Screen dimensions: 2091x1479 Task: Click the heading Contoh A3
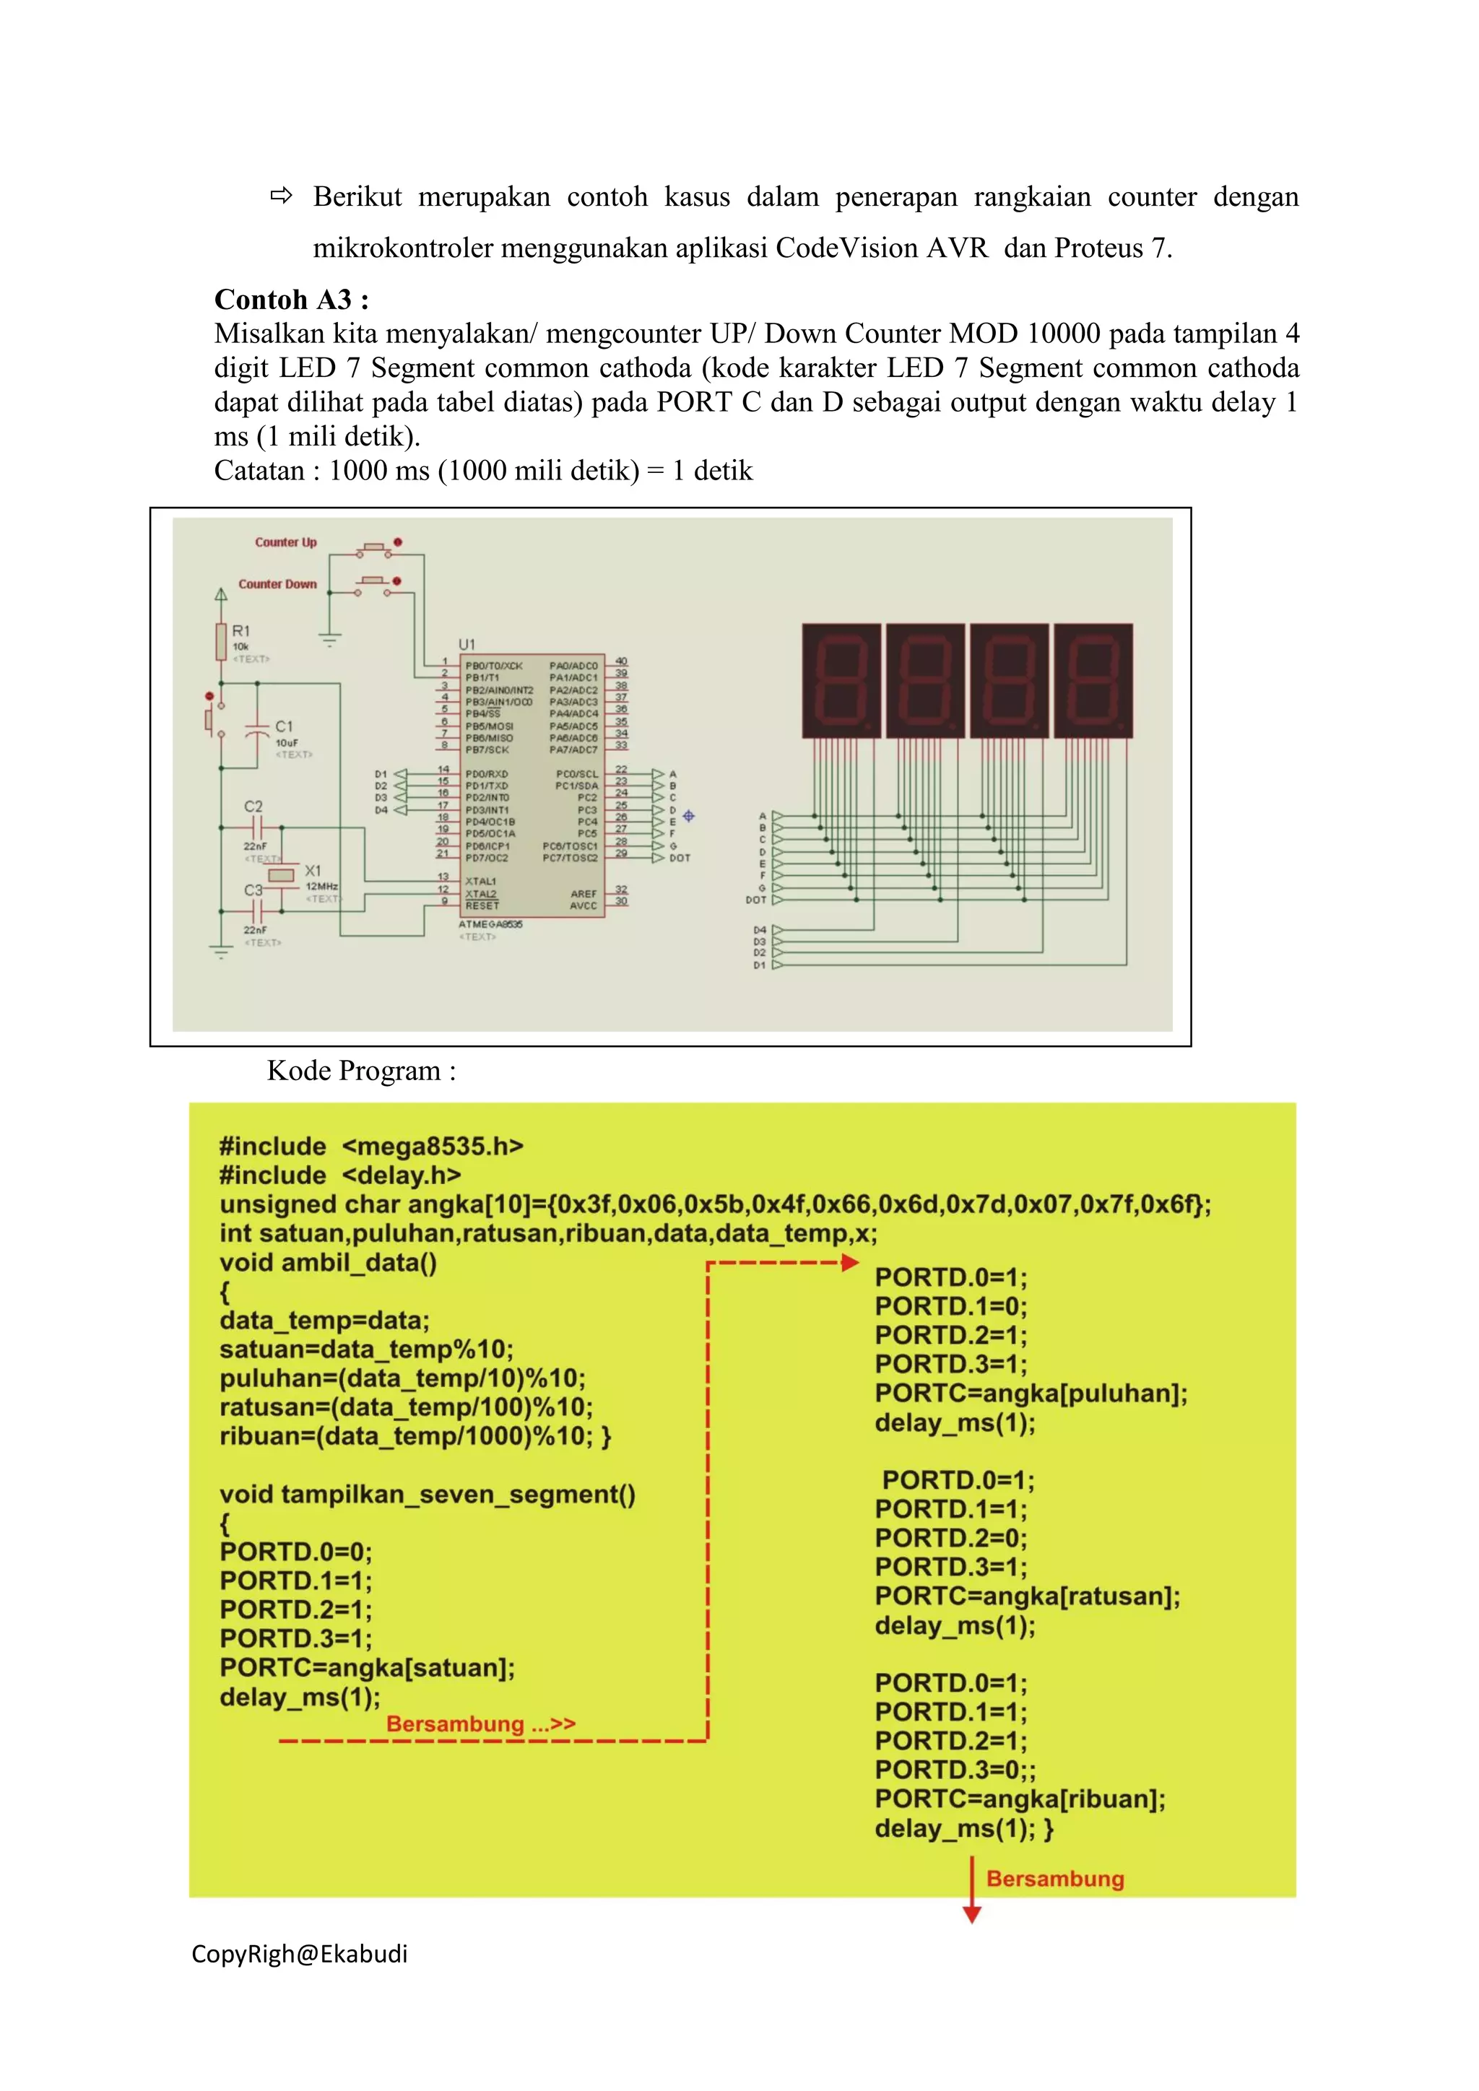(x=292, y=300)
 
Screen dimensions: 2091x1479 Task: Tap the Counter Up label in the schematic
(x=285, y=542)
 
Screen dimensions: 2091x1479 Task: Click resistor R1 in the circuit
(x=221, y=641)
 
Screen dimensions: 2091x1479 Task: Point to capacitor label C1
(x=284, y=726)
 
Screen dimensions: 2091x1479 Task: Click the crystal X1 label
(x=313, y=871)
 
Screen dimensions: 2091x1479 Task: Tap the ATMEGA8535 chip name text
(x=490, y=923)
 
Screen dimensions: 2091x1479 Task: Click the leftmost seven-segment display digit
(x=841, y=680)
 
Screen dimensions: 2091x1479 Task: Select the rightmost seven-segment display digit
(x=1093, y=680)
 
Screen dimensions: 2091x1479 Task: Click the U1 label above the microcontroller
(x=467, y=645)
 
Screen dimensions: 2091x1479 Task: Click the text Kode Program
(x=360, y=1071)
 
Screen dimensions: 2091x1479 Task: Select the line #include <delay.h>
(x=339, y=1175)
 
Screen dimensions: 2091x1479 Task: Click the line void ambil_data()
(x=328, y=1262)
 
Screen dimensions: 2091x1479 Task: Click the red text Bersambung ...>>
(x=480, y=1724)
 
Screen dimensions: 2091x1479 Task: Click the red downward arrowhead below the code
(x=972, y=1916)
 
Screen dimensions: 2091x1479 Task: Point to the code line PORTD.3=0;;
(x=955, y=1770)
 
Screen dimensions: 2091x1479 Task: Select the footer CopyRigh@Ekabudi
(x=299, y=1955)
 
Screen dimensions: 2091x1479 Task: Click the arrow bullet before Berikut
(x=282, y=195)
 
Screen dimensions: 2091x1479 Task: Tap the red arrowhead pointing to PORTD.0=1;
(x=850, y=1262)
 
